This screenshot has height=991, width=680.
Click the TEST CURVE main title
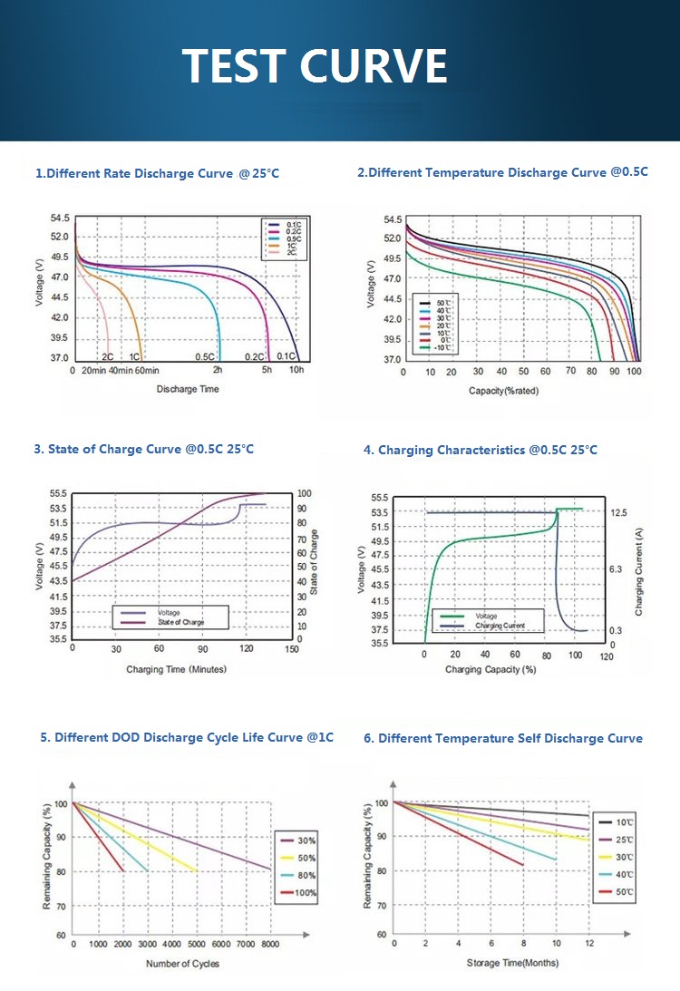(x=315, y=65)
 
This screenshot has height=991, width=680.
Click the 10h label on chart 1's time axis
(x=296, y=371)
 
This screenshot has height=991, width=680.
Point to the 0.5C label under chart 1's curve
(x=204, y=357)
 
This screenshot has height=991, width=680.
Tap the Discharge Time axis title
(x=188, y=389)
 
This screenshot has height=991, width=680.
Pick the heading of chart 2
(x=502, y=172)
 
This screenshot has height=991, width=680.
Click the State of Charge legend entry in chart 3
(x=180, y=622)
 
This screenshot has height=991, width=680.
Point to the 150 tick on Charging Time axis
(x=292, y=649)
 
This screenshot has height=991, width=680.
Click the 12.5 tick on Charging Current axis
(x=618, y=513)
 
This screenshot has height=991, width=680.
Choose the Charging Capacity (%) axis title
(x=491, y=669)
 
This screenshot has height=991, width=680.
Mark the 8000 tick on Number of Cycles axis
(x=269, y=945)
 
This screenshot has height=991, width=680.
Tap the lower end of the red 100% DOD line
(x=123, y=871)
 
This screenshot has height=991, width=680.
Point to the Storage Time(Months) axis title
(x=513, y=962)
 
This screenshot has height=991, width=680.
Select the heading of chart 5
(x=187, y=738)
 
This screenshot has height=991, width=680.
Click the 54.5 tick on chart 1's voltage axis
(x=60, y=219)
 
